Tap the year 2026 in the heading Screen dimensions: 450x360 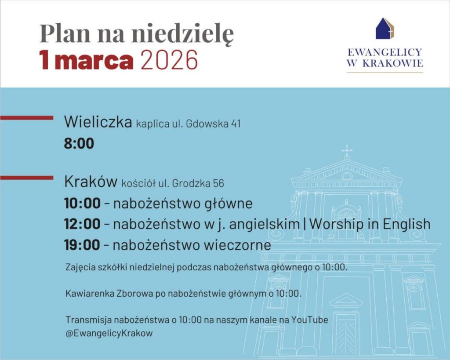tap(169, 60)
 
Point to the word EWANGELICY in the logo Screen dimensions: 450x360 tap(385, 52)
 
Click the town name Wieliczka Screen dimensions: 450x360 tap(98, 122)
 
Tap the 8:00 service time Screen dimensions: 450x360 tap(79, 144)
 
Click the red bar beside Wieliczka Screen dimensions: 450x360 tap(27, 118)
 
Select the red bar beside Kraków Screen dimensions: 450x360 tap(27, 178)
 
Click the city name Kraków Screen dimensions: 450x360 tap(91, 182)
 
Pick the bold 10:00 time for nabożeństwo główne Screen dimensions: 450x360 tap(82, 203)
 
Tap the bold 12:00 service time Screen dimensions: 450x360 tap(82, 224)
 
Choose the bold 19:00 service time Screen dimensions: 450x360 tap(82, 245)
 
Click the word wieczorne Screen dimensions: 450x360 tap(237, 245)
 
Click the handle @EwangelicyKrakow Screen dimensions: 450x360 tap(109, 333)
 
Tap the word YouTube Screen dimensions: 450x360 tap(310, 320)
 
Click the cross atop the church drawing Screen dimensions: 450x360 tap(347, 150)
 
